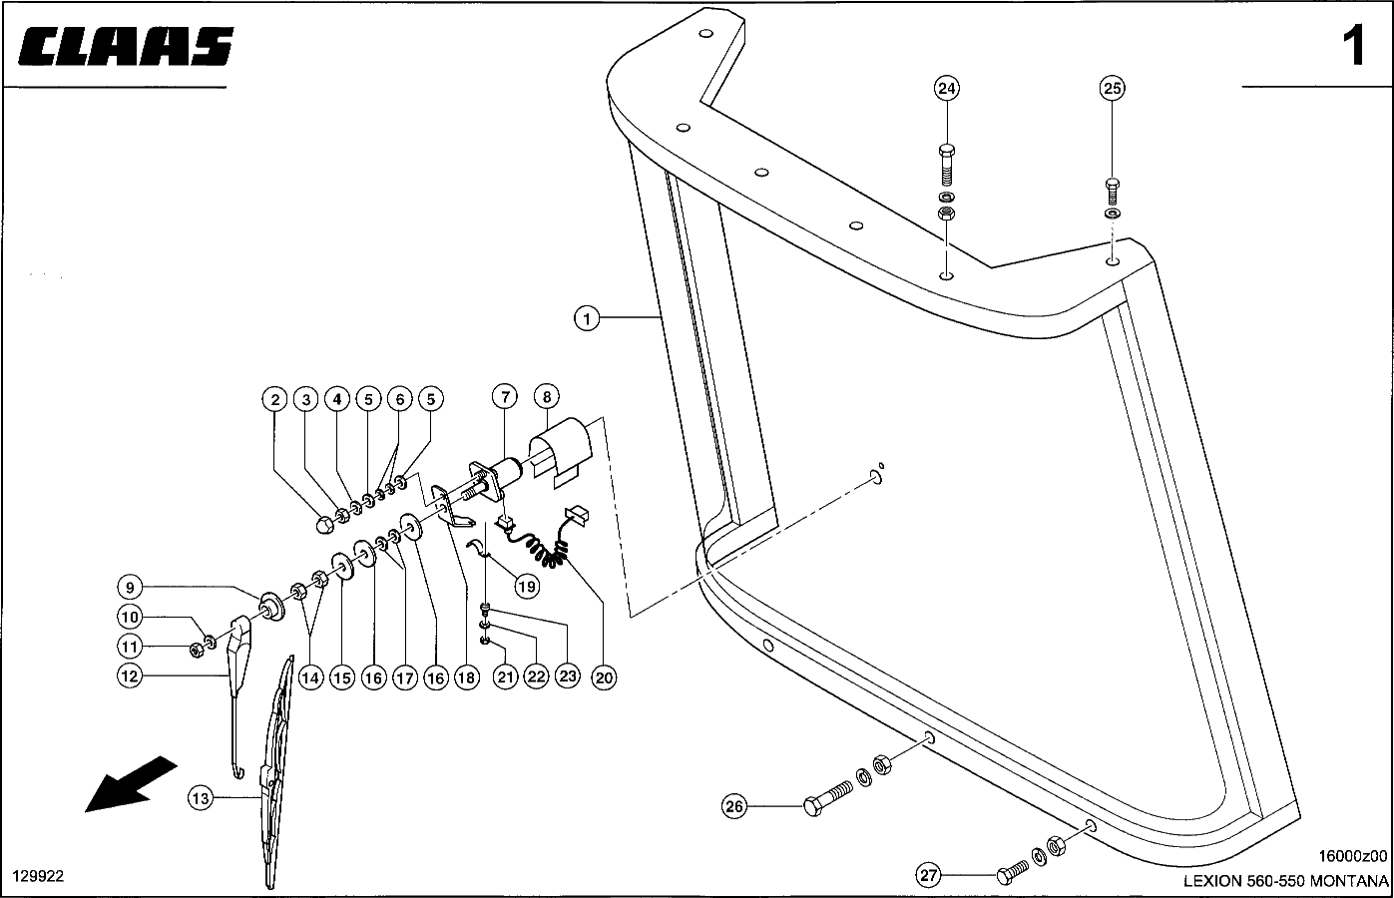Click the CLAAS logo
pos(126,46)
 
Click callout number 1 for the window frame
pos(586,318)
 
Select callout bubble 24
pos(947,89)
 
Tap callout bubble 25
pos(1112,89)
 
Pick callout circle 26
pos(734,806)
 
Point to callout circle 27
pos(928,876)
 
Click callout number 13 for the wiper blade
pos(201,798)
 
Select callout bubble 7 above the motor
pos(505,396)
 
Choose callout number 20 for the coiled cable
pos(604,677)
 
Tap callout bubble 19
pos(527,587)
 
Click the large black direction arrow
pos(132,783)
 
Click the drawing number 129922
pos(38,876)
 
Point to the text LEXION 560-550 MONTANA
pos(1285,881)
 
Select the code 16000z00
pos(1353,856)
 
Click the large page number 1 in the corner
pos(1353,46)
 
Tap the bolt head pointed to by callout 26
pos(813,806)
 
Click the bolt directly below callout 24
pos(947,165)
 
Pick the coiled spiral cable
pos(539,545)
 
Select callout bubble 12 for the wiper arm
pos(130,675)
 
